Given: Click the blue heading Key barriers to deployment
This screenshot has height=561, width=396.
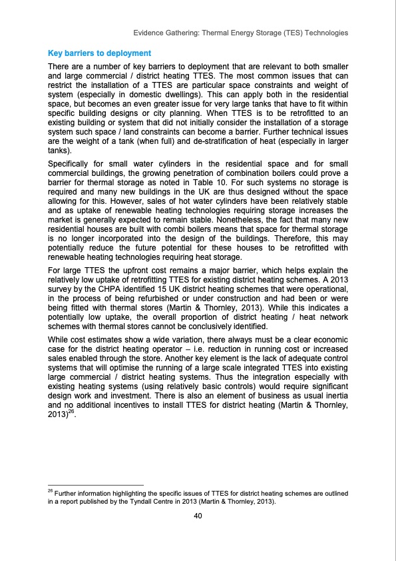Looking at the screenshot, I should pyautogui.click(x=100, y=53).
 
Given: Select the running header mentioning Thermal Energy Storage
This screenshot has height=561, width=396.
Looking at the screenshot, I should pyautogui.click(x=240, y=33).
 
